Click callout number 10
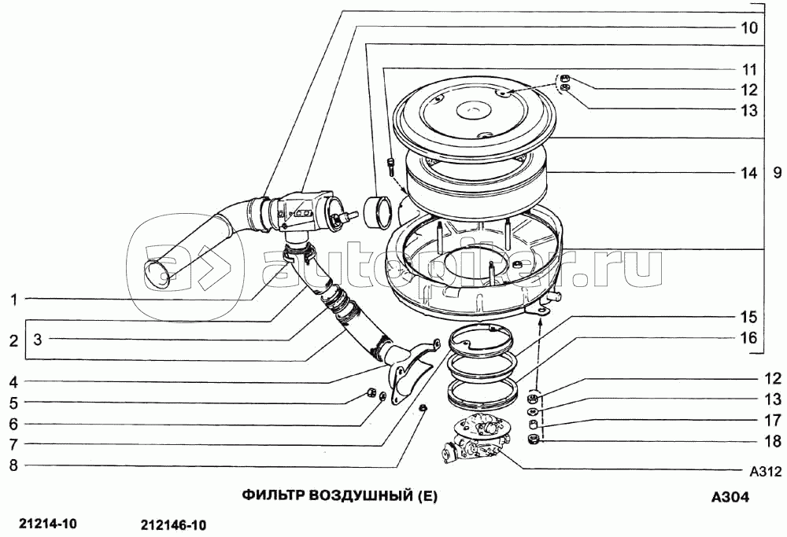[x=749, y=28]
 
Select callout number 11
[x=749, y=69]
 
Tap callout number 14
[x=749, y=174]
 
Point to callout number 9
[x=777, y=174]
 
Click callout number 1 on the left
[x=14, y=300]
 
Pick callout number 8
[x=14, y=465]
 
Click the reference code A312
[x=766, y=471]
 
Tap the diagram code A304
[x=730, y=497]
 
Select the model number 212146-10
[x=174, y=525]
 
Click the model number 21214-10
[x=47, y=524]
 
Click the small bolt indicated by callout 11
[x=391, y=167]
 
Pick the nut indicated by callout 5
[x=371, y=391]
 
